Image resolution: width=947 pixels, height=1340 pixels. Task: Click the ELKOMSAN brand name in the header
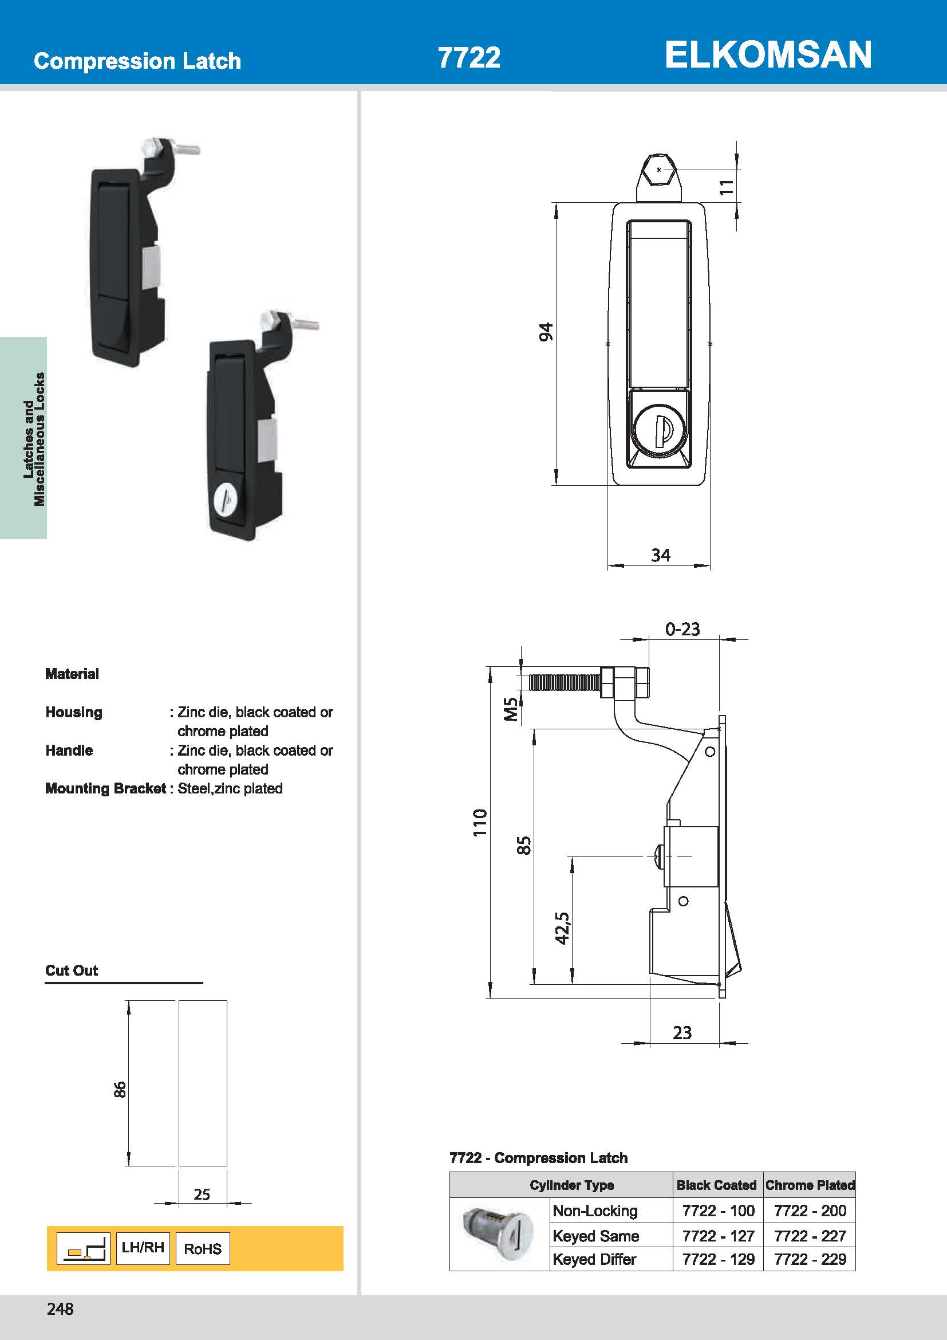(x=768, y=55)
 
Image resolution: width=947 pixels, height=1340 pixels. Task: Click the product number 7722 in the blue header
(x=469, y=58)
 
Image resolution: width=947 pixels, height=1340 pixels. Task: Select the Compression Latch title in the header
(x=137, y=61)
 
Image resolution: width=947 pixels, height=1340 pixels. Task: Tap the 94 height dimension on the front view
(x=545, y=332)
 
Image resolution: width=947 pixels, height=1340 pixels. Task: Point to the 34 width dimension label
(x=660, y=555)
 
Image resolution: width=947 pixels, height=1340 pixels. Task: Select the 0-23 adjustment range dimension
(x=682, y=629)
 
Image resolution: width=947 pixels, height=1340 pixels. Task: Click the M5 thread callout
(x=510, y=709)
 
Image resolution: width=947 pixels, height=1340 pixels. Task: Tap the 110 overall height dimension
(x=479, y=822)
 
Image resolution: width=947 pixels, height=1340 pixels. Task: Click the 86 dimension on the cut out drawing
(x=120, y=1090)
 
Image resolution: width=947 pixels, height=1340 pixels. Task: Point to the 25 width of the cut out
(x=202, y=1194)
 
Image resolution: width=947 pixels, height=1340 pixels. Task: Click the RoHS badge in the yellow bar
(x=202, y=1248)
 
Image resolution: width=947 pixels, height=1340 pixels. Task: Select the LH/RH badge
(x=143, y=1247)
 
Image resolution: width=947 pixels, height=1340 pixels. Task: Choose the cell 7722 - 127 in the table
(x=719, y=1236)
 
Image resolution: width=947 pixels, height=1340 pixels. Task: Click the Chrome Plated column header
(x=810, y=1185)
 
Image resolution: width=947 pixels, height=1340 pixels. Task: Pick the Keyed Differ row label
(x=594, y=1259)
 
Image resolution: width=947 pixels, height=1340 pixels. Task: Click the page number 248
(x=60, y=1308)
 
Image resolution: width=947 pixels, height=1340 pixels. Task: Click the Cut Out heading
(x=72, y=970)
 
